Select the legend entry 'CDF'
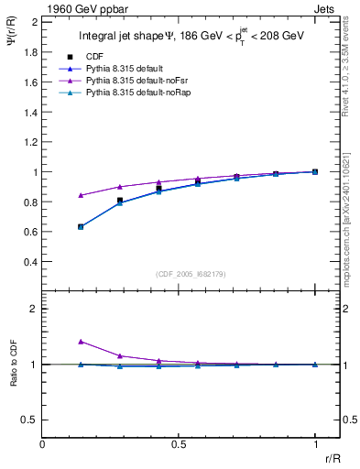[x=93, y=55]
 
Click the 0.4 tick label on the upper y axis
[x=28, y=262]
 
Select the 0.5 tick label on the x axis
[x=179, y=444]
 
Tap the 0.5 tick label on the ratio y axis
[x=28, y=420]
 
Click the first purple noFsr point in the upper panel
[x=81, y=195]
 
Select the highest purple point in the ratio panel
[x=81, y=342]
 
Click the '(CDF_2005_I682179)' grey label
[x=178, y=273]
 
